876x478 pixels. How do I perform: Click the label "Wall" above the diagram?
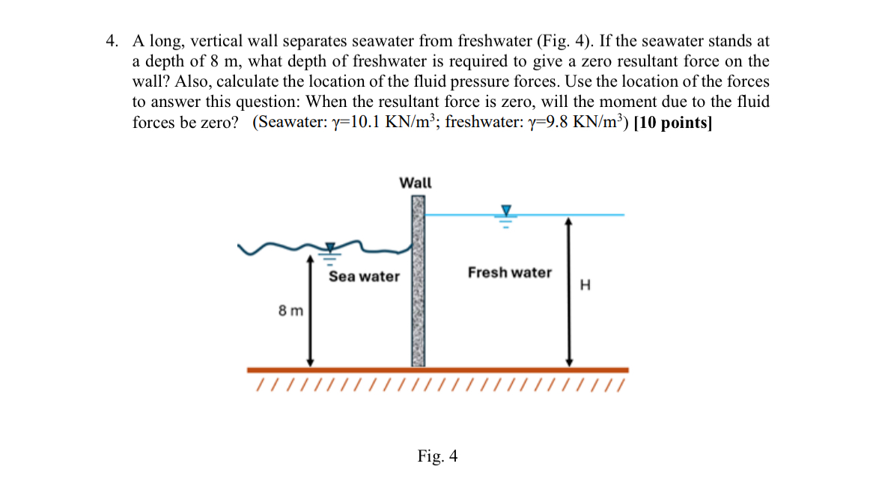pyautogui.click(x=416, y=183)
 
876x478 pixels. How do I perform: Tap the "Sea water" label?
pyautogui.click(x=365, y=277)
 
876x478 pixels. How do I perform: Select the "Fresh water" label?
pyautogui.click(x=510, y=273)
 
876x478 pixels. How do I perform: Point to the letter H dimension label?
pyautogui.click(x=585, y=285)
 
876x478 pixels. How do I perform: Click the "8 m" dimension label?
pyautogui.click(x=291, y=310)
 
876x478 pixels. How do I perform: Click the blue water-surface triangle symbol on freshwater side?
pyautogui.click(x=505, y=210)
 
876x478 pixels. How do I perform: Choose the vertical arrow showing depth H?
pyautogui.click(x=569, y=292)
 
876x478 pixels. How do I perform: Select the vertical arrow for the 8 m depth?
pyautogui.click(x=311, y=310)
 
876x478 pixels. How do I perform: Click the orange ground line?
pyautogui.click(x=438, y=370)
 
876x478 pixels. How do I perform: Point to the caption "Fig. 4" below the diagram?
pyautogui.click(x=438, y=456)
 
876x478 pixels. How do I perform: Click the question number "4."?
pyautogui.click(x=112, y=40)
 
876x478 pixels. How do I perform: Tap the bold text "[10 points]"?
pyautogui.click(x=672, y=123)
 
